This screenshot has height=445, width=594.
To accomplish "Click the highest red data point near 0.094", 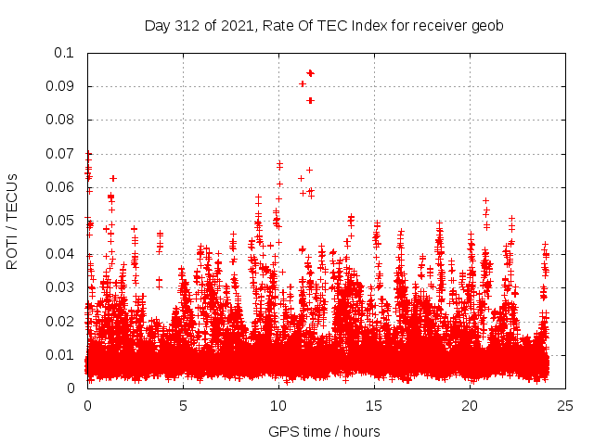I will coord(310,72).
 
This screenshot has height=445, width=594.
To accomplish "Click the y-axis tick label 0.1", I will coord(64,53).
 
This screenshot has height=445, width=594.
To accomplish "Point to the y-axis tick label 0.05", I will coord(60,221).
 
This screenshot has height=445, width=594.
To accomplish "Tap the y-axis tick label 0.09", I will coord(60,86).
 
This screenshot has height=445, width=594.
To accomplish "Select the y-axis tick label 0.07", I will coord(60,154).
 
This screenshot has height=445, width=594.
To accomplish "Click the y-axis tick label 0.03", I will coord(60,287).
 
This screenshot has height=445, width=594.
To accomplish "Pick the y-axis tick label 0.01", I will coord(60,354).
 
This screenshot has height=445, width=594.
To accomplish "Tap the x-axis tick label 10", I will coord(278,406).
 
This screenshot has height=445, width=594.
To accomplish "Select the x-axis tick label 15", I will coord(374,406).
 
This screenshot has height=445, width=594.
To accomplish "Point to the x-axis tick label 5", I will coord(183,406).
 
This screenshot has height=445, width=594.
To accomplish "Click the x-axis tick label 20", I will coord(470,406).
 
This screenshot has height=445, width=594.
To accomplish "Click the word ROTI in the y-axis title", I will coord(13,251).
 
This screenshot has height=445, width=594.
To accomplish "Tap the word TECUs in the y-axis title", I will coord(13,194).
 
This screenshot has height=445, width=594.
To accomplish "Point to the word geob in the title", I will coord(486,26).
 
